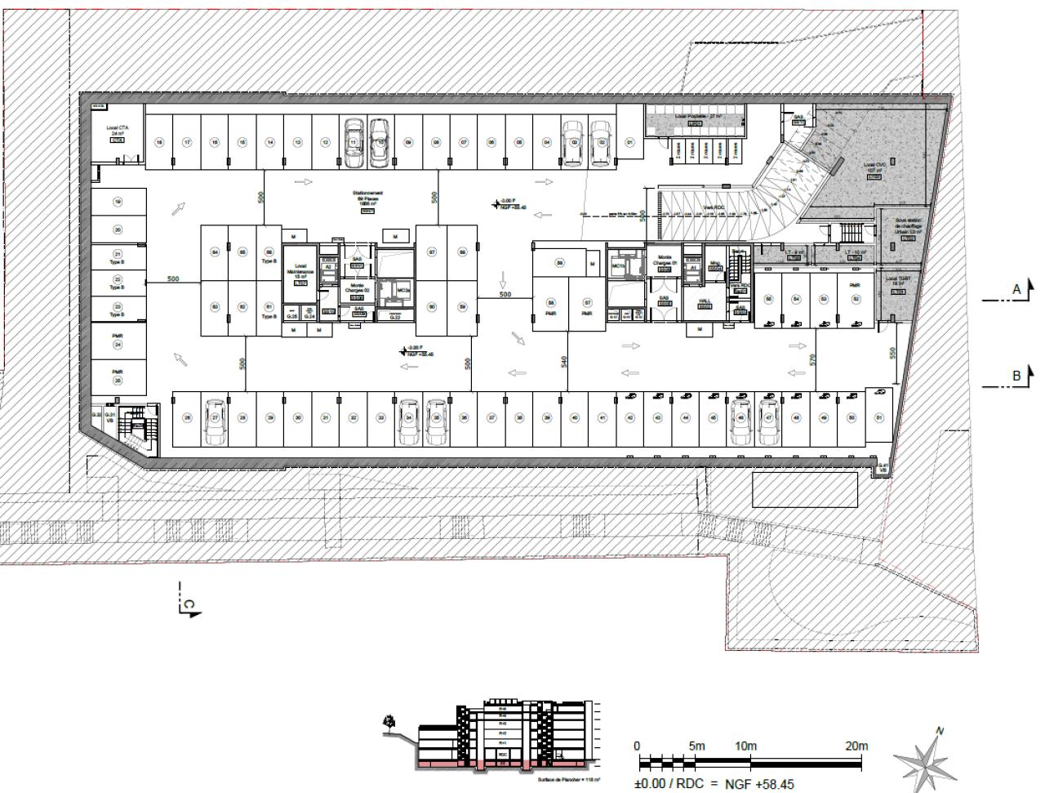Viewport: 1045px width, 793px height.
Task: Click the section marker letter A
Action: pos(1016,289)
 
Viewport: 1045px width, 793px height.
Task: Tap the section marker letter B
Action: pos(1016,376)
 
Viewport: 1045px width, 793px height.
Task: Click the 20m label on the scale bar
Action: pos(856,746)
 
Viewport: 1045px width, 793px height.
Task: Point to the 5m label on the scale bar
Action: pos(696,746)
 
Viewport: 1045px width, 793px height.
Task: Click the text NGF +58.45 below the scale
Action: pos(758,784)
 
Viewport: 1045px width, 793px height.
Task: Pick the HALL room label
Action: pos(705,301)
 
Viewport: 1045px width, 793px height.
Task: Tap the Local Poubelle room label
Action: pos(695,117)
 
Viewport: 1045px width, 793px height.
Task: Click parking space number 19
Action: pos(118,202)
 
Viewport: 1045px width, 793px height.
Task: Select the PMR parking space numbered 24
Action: pos(118,341)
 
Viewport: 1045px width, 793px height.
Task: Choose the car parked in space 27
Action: pos(215,421)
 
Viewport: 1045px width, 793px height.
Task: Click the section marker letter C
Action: pos(189,605)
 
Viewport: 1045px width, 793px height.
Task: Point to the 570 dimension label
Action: pos(813,358)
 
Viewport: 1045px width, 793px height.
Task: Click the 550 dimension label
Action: pos(892,353)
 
